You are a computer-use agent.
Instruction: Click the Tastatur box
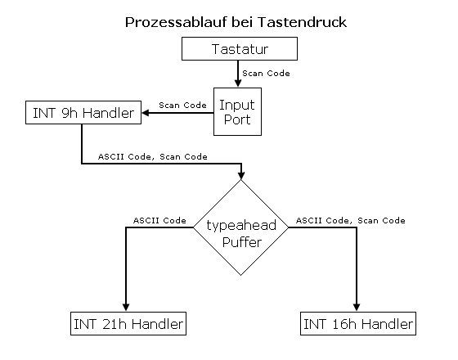(237, 50)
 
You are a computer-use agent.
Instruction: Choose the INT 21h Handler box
(126, 324)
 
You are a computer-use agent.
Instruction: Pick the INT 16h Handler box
(358, 324)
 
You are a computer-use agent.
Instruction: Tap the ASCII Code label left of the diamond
(159, 220)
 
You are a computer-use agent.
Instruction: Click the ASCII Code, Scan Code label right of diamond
(350, 220)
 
